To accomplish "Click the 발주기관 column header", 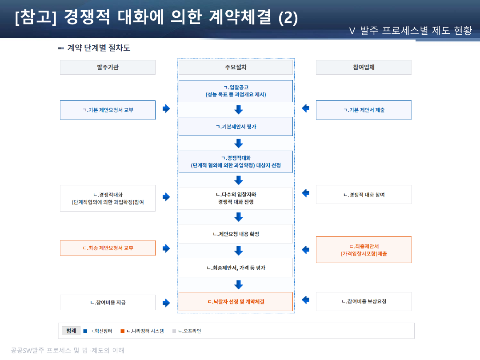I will pyautogui.click(x=108, y=67).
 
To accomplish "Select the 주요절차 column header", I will pyautogui.click(x=236, y=67).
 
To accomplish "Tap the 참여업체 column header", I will pyautogui.click(x=364, y=67).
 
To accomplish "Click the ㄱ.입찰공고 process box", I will pyautogui.click(x=236, y=91).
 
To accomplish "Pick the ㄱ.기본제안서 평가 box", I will pyautogui.click(x=236, y=127).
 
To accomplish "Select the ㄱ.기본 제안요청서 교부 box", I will pyautogui.click(x=108, y=110).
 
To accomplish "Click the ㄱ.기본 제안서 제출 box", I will pyautogui.click(x=364, y=110).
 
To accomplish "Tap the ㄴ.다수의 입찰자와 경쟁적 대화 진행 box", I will pyautogui.click(x=236, y=198).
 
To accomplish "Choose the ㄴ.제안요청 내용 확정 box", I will pyautogui.click(x=236, y=234).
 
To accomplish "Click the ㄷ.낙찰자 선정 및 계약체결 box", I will pyautogui.click(x=236, y=301).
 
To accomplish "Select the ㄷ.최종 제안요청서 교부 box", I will pyautogui.click(x=108, y=248).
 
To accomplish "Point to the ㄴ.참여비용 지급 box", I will pyautogui.click(x=108, y=302).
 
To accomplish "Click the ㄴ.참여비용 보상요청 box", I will pyautogui.click(x=364, y=301).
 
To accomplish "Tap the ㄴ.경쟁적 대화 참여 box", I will pyautogui.click(x=364, y=194).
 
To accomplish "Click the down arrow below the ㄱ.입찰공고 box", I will pyautogui.click(x=239, y=109).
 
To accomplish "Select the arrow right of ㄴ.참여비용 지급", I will pyautogui.click(x=166, y=303).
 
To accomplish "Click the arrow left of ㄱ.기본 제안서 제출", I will pyautogui.click(x=305, y=108).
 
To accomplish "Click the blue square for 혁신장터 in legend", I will pyautogui.click(x=85, y=331).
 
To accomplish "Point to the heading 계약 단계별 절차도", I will pyautogui.click(x=99, y=48).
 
